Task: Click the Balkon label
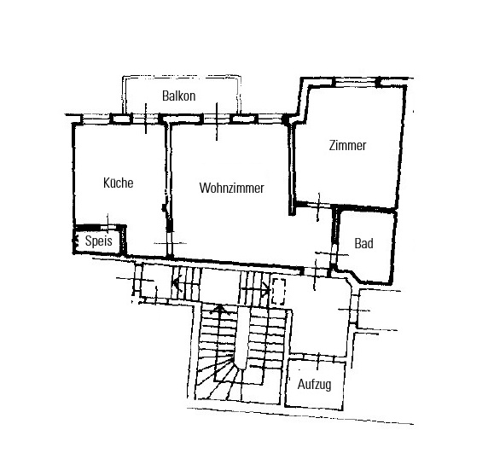point(178,96)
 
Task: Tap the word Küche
point(118,183)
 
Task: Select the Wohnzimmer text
point(231,188)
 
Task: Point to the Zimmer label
point(347,146)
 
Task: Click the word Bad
point(363,243)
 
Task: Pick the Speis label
point(99,241)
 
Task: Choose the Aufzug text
point(315,385)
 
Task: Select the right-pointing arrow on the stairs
point(255,289)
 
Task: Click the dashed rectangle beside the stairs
point(278,292)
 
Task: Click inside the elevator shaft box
point(315,384)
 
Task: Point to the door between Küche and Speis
point(108,228)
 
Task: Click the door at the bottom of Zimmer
point(318,206)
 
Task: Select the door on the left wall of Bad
point(334,253)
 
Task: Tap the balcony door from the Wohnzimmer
point(217,119)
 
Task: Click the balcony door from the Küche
point(146,119)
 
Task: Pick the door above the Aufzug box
point(318,357)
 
